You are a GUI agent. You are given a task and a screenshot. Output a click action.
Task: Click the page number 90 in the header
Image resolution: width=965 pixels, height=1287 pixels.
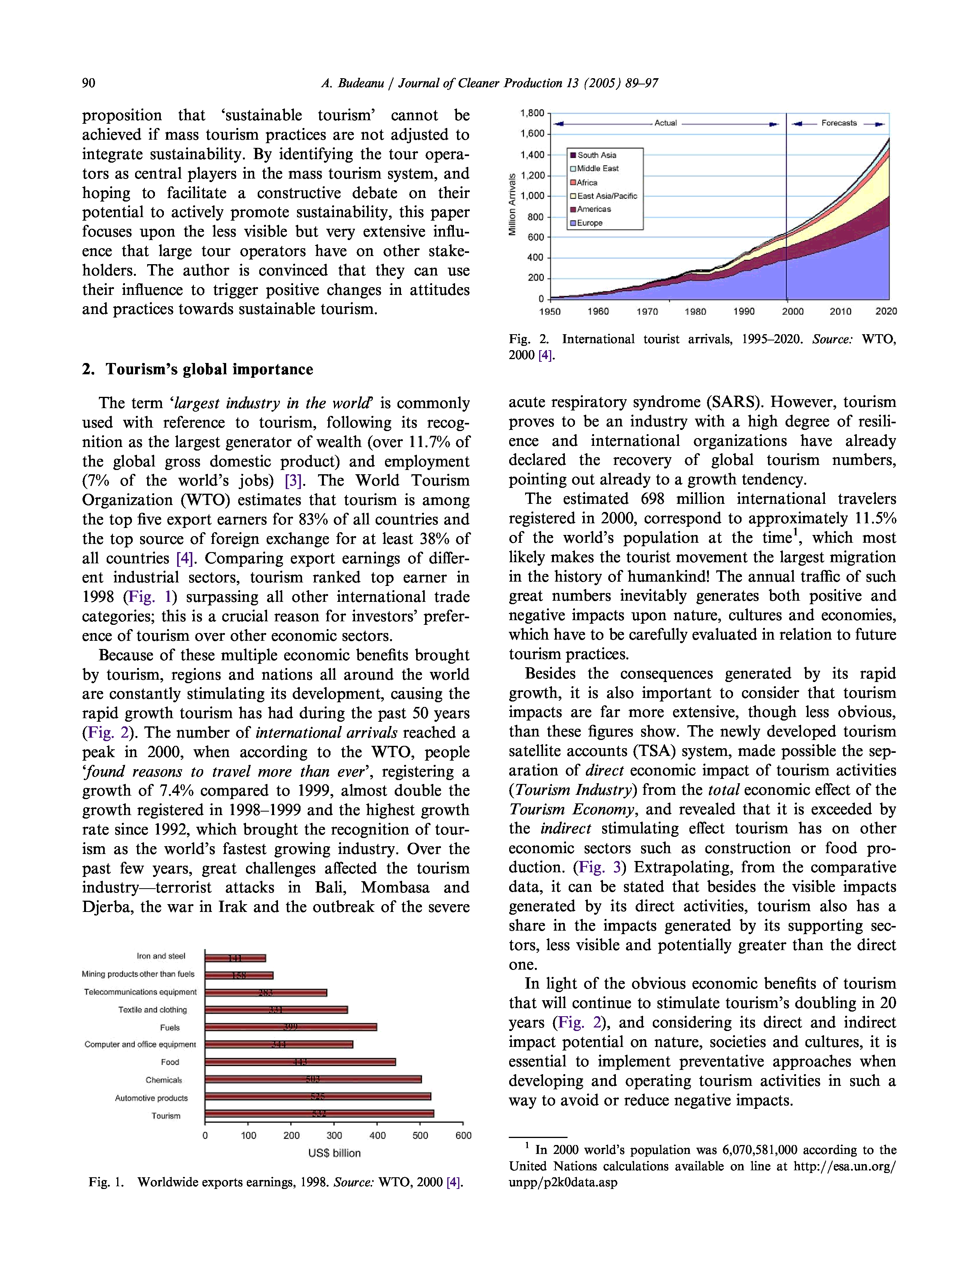(88, 83)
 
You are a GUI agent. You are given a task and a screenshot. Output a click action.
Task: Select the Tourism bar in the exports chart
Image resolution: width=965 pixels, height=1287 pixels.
(319, 1113)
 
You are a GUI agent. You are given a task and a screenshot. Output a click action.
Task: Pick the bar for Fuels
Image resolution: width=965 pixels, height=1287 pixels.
(290, 1027)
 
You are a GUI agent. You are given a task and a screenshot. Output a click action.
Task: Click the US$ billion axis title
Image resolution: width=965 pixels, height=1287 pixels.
(334, 1153)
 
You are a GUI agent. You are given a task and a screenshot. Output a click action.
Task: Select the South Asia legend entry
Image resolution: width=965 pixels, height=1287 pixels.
(596, 155)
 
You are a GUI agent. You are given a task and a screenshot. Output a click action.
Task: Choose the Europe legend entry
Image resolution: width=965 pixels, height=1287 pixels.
(589, 223)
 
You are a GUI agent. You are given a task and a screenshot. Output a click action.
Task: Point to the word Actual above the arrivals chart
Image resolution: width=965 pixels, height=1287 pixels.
(665, 123)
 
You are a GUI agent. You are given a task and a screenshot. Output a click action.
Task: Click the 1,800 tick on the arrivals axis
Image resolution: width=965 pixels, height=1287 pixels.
(532, 113)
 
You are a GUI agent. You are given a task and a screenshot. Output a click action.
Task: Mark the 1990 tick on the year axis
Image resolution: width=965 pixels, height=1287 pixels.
(743, 311)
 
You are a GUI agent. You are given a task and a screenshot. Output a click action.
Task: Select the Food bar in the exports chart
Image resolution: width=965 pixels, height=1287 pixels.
(300, 1062)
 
